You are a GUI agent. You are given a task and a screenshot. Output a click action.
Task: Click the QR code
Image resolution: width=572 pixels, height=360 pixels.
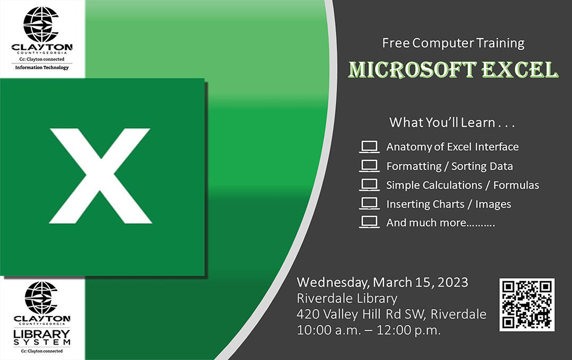coord(526,304)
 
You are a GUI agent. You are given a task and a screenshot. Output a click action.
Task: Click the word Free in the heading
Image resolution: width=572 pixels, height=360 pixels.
coord(395,43)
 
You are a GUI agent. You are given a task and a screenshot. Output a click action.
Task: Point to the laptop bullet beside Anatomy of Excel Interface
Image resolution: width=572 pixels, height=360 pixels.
coord(369,147)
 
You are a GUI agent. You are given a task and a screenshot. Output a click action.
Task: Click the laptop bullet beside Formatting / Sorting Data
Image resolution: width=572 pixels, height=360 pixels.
coord(369,166)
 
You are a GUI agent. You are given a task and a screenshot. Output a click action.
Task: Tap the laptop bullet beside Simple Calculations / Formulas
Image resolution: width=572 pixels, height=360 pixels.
coord(369,185)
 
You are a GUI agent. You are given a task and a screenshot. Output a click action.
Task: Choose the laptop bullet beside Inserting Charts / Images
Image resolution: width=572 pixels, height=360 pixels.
coord(369,204)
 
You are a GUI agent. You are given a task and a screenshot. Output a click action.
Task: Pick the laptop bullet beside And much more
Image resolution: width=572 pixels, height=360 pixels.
coord(369,222)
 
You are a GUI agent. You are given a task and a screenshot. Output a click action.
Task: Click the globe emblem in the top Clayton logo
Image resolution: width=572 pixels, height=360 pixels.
coord(41,24)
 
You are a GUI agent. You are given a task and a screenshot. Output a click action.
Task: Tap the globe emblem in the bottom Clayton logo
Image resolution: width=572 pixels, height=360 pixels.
coord(41,297)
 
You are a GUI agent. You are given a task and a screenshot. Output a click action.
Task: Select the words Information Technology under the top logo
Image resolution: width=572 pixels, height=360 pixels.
coord(42,67)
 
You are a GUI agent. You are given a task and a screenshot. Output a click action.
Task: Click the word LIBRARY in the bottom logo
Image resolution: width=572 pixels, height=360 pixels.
coord(42,334)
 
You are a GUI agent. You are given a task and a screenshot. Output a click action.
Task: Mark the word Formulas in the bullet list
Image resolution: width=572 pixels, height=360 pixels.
coord(516,185)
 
